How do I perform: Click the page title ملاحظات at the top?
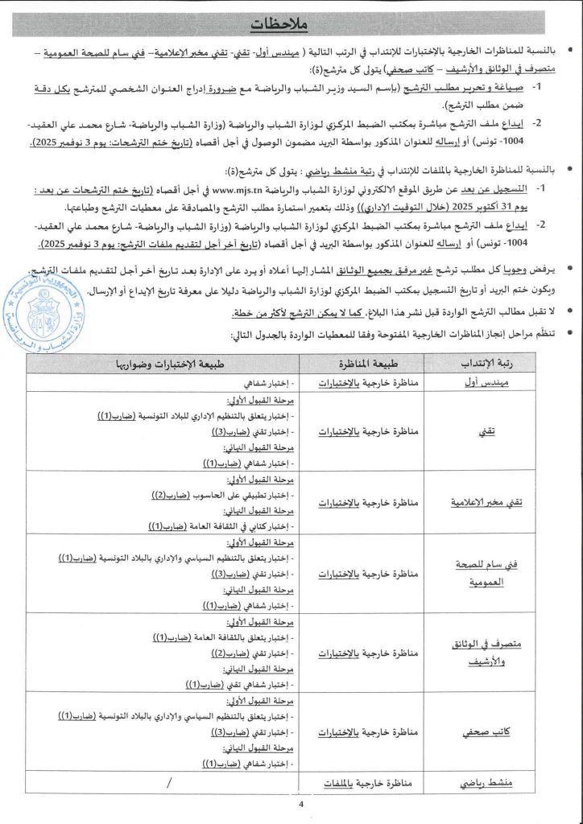[x=291, y=25]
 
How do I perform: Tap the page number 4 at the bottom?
[x=300, y=805]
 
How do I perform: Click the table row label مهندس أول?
[x=486, y=385]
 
